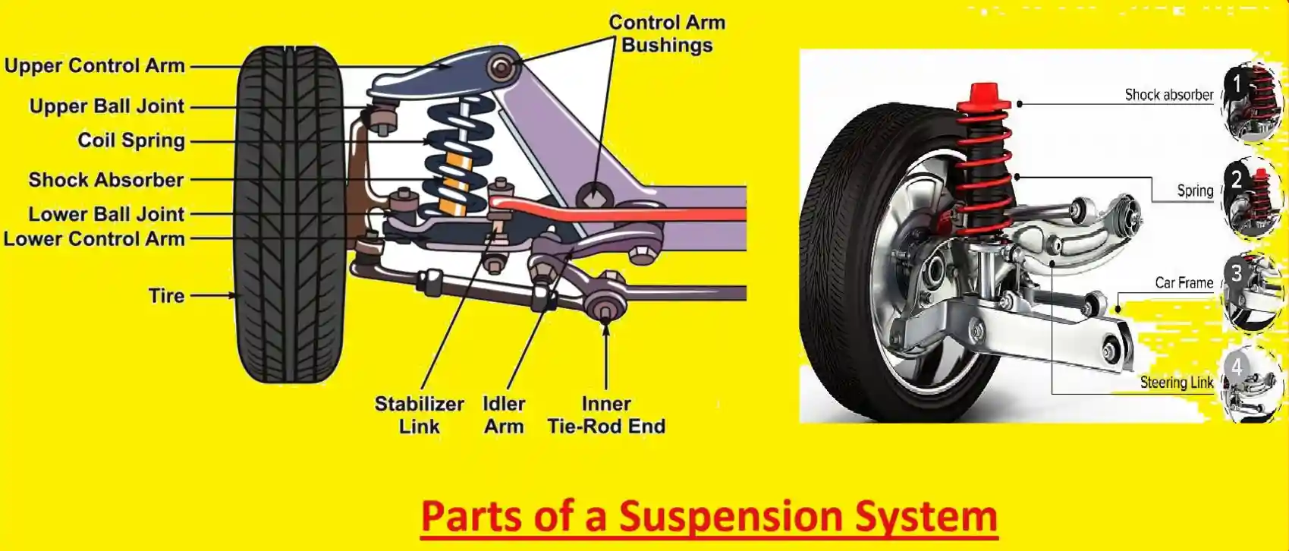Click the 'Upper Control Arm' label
[95, 66]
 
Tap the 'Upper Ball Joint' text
[107, 106]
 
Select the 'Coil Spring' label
[131, 141]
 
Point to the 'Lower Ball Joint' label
[107, 215]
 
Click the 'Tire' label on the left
[166, 296]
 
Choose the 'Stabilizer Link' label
[419, 415]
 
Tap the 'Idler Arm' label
[504, 415]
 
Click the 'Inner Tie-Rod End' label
[606, 415]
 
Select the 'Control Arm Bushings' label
[667, 34]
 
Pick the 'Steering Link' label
[1176, 383]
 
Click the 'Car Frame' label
[1184, 283]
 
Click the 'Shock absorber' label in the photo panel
[1168, 95]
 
